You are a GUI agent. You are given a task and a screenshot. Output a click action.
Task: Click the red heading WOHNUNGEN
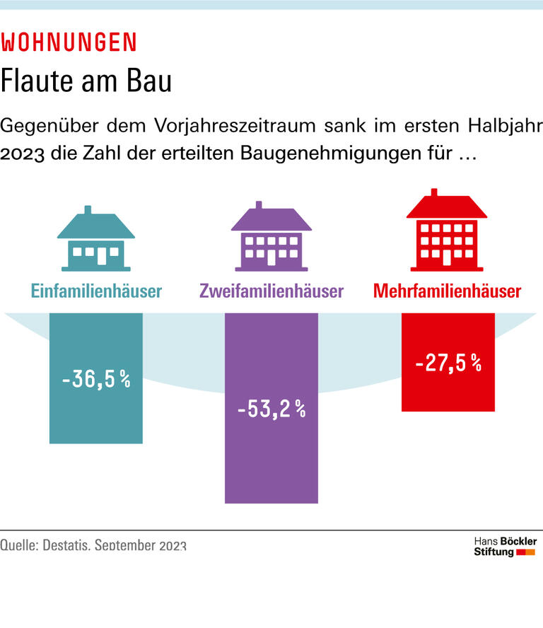click(x=69, y=42)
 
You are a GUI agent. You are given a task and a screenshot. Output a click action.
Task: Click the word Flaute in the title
click(x=36, y=81)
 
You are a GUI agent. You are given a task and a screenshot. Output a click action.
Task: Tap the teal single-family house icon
click(x=96, y=240)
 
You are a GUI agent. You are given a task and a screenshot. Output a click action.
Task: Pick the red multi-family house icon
click(x=446, y=231)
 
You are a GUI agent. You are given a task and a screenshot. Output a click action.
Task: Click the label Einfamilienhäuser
click(x=96, y=291)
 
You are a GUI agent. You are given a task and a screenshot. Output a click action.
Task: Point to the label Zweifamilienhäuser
click(x=271, y=291)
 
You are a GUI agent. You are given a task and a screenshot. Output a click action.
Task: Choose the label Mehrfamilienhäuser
click(x=447, y=291)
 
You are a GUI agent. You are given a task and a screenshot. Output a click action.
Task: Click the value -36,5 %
click(x=96, y=380)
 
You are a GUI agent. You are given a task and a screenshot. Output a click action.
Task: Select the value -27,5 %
click(x=448, y=364)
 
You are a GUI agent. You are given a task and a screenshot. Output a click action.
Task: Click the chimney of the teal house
click(x=88, y=210)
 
